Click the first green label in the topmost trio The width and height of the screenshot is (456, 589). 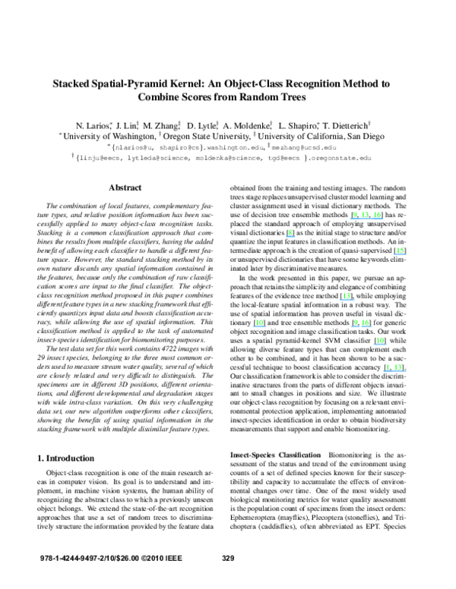pos(355,215)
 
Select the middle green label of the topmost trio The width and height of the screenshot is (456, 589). pos(366,215)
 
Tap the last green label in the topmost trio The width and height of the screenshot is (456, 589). pos(377,215)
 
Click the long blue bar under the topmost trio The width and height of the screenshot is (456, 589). pos(366,219)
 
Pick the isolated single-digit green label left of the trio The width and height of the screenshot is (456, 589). pos(290,232)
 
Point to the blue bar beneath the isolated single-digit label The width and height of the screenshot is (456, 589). pos(290,237)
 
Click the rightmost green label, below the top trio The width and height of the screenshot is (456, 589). pos(401,250)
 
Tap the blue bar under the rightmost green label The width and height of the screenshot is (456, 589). pos(401,254)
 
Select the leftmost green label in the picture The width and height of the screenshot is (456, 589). pos(260,323)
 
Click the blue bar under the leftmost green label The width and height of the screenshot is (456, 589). pos(260,327)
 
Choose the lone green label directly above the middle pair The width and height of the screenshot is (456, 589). pos(347,295)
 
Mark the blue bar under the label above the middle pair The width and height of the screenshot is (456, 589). pos(347,300)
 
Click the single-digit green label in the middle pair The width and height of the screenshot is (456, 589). pos(355,323)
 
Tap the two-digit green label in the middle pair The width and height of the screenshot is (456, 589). pos(366,323)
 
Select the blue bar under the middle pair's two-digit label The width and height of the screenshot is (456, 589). pos(366,327)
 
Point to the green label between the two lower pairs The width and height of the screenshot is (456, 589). pos(380,340)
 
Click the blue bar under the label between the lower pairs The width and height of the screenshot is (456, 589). pos(380,345)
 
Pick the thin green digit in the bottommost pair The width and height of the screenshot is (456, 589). pos(387,367)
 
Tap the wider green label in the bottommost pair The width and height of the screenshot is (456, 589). pos(398,367)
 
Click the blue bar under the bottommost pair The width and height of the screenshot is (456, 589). pos(394,371)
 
